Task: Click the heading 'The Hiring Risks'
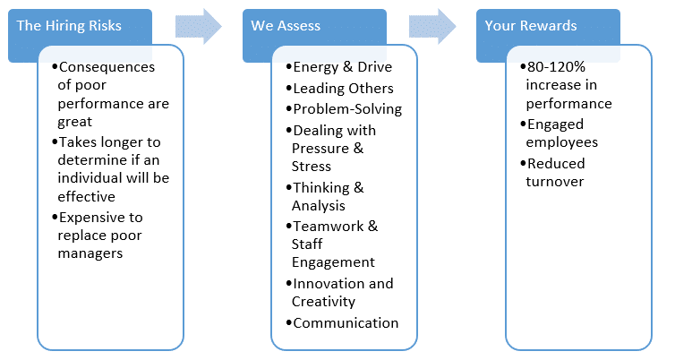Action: (x=69, y=26)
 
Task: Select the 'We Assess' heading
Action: (x=286, y=26)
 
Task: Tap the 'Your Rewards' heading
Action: (x=531, y=26)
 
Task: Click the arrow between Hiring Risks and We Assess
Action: (x=199, y=26)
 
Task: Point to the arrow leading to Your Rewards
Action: (x=432, y=26)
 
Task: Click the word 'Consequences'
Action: (x=107, y=67)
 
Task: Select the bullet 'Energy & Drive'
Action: (x=343, y=67)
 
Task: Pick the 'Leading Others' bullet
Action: (x=343, y=89)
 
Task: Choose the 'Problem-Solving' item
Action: (x=347, y=109)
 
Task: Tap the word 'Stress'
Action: (x=312, y=167)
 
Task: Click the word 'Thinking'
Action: (x=321, y=188)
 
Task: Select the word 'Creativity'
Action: (x=323, y=302)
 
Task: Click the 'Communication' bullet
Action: (x=346, y=323)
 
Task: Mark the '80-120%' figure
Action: (x=556, y=67)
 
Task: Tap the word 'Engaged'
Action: (x=555, y=124)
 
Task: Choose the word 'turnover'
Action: (x=555, y=182)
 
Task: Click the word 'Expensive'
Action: (x=88, y=218)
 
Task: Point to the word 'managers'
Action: (x=90, y=253)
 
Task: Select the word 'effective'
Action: (x=87, y=197)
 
